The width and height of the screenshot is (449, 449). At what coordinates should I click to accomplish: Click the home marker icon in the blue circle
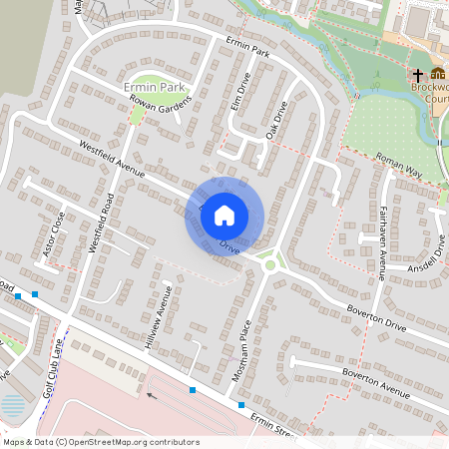click(224, 215)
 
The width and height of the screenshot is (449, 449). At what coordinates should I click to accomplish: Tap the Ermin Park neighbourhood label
click(149, 89)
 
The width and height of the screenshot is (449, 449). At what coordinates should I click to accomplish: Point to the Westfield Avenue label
click(113, 161)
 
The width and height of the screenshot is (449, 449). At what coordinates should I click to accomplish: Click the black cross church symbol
click(418, 75)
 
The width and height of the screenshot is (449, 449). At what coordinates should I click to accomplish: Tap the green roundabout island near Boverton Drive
click(268, 264)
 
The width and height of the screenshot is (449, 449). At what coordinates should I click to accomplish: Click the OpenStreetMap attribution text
click(101, 441)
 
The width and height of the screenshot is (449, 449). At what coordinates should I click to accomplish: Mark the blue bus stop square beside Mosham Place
click(240, 405)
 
